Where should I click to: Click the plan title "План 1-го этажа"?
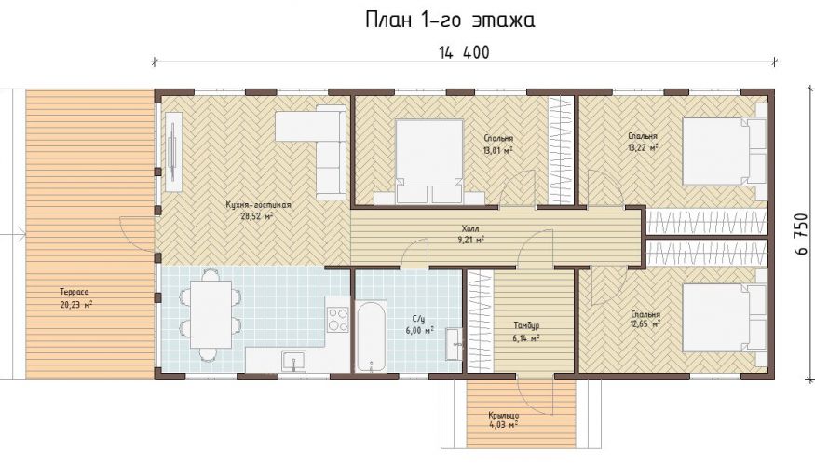coord(450,21)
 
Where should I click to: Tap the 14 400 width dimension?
coord(464,52)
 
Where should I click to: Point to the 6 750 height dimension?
coord(801,234)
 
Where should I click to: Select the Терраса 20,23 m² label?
coord(75,299)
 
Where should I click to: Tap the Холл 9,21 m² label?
coord(471,234)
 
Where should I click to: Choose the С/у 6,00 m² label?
coord(419,324)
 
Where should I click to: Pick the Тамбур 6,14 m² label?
coord(526,331)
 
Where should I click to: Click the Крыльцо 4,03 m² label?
coord(503,420)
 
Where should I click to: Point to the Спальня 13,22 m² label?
coord(643,142)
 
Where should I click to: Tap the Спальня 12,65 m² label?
coord(645,319)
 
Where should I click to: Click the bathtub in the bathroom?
coord(371,336)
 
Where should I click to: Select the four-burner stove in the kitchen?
coord(338,319)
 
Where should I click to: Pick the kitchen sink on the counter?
coord(293,361)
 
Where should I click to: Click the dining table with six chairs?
coord(211,314)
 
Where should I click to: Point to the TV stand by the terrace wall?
coord(173,151)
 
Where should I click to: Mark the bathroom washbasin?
coord(454,344)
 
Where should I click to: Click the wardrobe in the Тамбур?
coord(480,321)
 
